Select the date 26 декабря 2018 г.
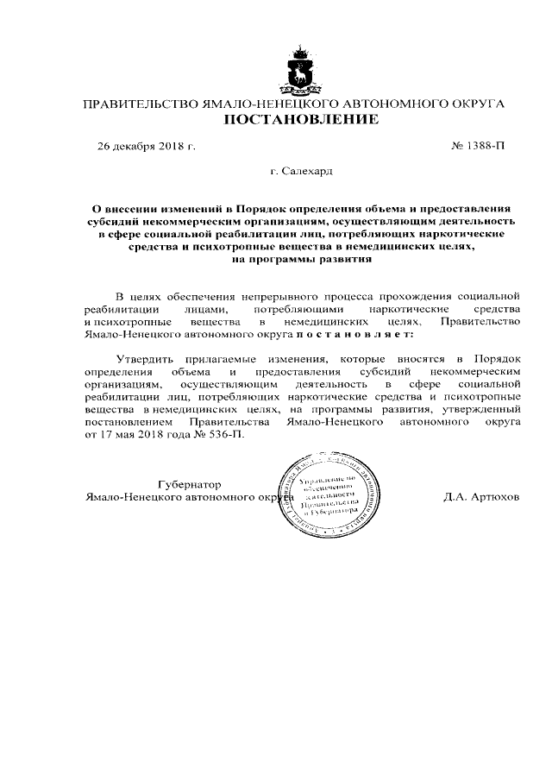(x=147, y=146)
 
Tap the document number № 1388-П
(x=478, y=146)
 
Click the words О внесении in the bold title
(x=129, y=208)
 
